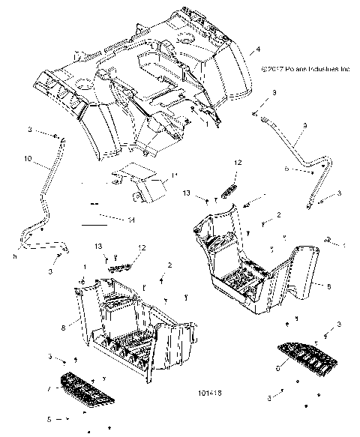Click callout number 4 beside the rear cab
[x=258, y=49]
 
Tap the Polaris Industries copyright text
[x=305, y=67]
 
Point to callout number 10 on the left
[x=28, y=160]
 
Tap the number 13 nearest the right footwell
[x=185, y=193]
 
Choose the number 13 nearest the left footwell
[x=98, y=247]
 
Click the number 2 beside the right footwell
[x=278, y=215]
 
